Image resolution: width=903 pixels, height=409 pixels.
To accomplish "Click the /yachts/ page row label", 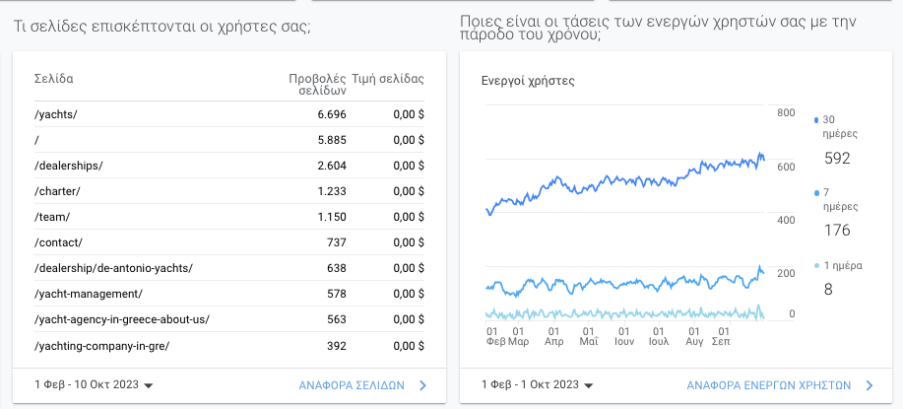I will pyautogui.click(x=55, y=114).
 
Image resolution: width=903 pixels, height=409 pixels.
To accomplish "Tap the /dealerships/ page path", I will pyautogui.click(x=68, y=166).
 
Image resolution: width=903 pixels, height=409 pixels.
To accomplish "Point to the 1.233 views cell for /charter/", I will pyautogui.click(x=332, y=191).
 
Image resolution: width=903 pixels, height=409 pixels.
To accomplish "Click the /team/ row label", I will pyautogui.click(x=52, y=217).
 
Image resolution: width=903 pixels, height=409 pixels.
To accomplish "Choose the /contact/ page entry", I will pyautogui.click(x=58, y=242).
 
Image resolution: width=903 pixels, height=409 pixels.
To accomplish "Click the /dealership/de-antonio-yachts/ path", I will pyautogui.click(x=113, y=268).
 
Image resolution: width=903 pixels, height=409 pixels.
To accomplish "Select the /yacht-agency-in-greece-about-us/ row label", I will pyautogui.click(x=122, y=319).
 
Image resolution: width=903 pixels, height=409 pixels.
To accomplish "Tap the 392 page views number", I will pyautogui.click(x=337, y=346).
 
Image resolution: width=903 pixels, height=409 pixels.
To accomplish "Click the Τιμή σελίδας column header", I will pyautogui.click(x=396, y=78).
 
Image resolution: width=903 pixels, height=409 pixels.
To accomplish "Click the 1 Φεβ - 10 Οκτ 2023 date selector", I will pyautogui.click(x=94, y=386).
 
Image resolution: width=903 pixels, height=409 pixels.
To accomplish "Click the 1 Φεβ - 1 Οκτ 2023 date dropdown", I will pyautogui.click(x=538, y=385).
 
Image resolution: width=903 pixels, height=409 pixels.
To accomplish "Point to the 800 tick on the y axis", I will pyautogui.click(x=786, y=113).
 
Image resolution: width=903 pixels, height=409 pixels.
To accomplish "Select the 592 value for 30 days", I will pyautogui.click(x=837, y=158).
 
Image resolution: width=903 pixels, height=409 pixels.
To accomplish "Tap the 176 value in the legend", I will pyautogui.click(x=837, y=231).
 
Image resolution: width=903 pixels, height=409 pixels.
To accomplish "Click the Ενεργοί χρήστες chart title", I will pyautogui.click(x=528, y=81).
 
